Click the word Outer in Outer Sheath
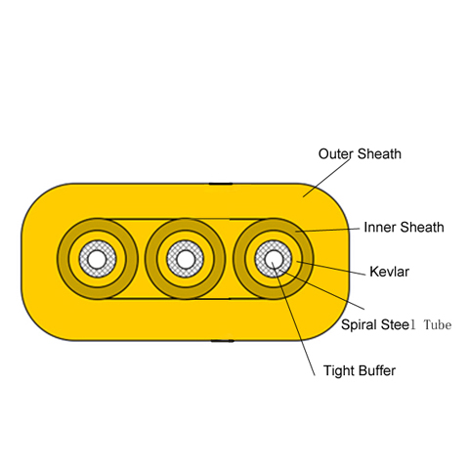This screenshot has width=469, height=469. tap(335, 154)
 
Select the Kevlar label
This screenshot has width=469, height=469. tap(390, 272)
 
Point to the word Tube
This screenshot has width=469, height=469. tap(438, 324)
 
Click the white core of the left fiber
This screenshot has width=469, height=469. tap(97, 259)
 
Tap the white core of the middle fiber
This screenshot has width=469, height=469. tap(185, 259)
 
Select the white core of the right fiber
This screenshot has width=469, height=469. tap(273, 259)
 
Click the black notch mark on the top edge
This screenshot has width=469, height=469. tap(221, 184)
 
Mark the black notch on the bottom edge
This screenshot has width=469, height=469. tap(223, 341)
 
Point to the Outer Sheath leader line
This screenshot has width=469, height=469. tap(327, 178)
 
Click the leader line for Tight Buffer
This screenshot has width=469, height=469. tap(293, 319)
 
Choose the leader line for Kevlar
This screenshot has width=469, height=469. tap(331, 268)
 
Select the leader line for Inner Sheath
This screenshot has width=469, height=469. tap(327, 230)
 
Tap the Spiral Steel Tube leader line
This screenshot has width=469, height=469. tap(321, 289)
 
